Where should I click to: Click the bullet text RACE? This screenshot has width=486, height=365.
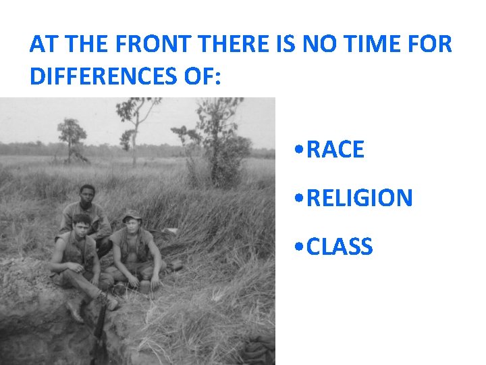335,149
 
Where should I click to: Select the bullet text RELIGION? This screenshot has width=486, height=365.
359,198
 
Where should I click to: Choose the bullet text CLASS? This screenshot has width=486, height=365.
339,247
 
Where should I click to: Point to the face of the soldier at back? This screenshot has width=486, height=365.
86,195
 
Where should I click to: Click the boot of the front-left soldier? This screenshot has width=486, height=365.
108,300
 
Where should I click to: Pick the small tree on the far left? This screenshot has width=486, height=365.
72,135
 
